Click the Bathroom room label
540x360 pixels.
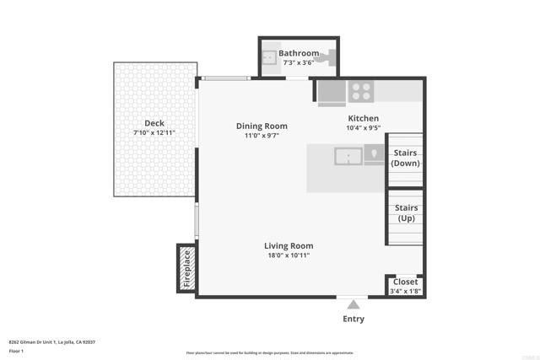(x=299, y=53)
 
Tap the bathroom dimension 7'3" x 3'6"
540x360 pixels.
(x=299, y=62)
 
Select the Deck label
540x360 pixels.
(x=154, y=122)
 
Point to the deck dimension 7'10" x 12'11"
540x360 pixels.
(x=154, y=133)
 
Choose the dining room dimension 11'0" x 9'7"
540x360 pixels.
(x=262, y=136)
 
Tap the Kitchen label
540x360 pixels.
(x=364, y=118)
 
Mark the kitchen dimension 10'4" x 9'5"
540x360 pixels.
(x=364, y=128)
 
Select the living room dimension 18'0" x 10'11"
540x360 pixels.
(x=289, y=255)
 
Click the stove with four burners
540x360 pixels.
(x=362, y=90)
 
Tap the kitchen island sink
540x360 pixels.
(x=348, y=157)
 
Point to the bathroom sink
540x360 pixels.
(x=269, y=57)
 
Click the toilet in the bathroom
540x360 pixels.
(x=327, y=58)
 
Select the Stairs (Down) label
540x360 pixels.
(x=406, y=158)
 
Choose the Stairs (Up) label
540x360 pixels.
(x=406, y=212)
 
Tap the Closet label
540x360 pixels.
(x=405, y=282)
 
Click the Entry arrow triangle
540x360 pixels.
(x=354, y=304)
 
